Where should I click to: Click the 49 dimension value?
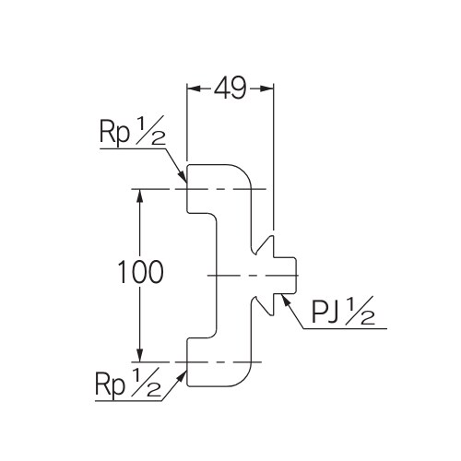(x=230, y=89)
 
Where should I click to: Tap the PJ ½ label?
(x=340, y=313)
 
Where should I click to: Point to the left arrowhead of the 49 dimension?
(x=192, y=89)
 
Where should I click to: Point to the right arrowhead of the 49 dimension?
(x=270, y=89)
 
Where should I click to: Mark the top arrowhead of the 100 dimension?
(x=140, y=195)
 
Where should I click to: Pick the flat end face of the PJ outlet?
(x=296, y=276)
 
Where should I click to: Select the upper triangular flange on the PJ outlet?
(x=267, y=248)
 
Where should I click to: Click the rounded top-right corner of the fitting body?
(x=244, y=173)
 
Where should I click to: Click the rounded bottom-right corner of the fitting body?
(x=244, y=378)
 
